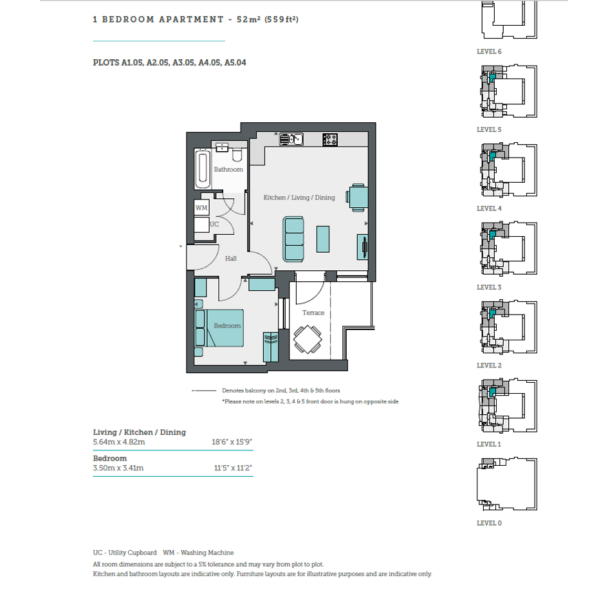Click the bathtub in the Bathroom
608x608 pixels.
203,169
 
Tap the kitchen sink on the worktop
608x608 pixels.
291,139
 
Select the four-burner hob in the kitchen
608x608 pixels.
330,139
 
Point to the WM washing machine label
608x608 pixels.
201,207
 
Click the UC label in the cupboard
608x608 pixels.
214,224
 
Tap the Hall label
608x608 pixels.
231,258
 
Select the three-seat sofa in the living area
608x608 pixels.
293,239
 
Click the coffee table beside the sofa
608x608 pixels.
323,239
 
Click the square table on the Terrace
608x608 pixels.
308,339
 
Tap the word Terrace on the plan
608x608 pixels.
313,313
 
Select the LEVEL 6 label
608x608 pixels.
489,51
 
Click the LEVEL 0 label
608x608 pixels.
489,523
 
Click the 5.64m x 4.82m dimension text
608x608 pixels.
119,442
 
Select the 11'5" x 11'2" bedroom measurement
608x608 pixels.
233,468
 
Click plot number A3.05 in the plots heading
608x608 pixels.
184,63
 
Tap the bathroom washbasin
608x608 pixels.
222,147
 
